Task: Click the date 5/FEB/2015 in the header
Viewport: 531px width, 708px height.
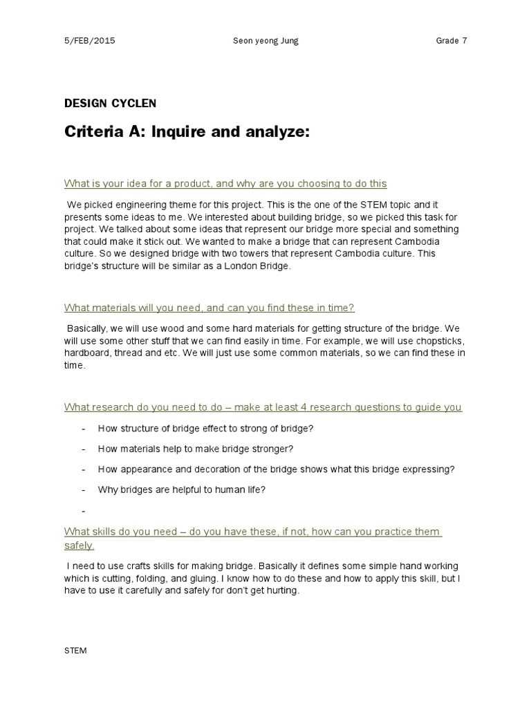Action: [x=89, y=40]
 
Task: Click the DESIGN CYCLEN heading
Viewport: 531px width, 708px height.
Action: [x=111, y=104]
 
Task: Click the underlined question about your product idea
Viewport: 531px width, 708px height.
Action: [x=225, y=183]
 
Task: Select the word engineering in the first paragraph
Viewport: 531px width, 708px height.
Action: [x=129, y=205]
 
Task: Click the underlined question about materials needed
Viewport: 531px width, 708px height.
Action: [x=209, y=308]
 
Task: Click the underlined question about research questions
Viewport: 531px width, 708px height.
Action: [x=263, y=407]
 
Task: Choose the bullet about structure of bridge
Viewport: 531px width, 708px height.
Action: [x=205, y=428]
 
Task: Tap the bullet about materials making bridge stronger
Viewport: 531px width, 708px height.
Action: [x=196, y=449]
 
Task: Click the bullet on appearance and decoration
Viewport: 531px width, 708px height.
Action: [x=276, y=469]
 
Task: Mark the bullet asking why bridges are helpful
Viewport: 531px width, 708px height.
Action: [x=181, y=490]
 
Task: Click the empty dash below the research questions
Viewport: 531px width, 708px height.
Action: [x=84, y=511]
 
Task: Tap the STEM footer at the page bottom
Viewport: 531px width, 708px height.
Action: [x=75, y=651]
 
